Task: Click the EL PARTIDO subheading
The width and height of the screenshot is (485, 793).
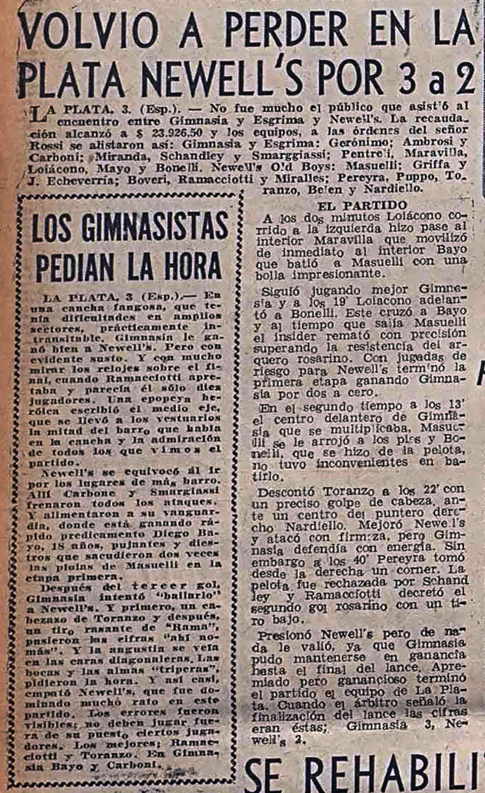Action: tap(362, 205)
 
